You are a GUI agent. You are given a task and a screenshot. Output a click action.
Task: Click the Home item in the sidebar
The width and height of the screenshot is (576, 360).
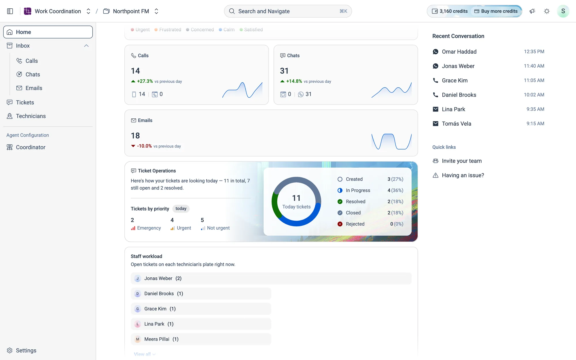48,32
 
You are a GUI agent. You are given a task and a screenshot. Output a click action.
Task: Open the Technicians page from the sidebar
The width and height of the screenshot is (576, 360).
31,116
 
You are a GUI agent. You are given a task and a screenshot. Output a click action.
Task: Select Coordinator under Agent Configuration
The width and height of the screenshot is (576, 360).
31,147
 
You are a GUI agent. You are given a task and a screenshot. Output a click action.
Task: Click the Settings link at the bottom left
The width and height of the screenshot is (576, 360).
26,350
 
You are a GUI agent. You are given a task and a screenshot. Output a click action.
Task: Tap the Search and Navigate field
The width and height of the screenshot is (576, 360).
288,11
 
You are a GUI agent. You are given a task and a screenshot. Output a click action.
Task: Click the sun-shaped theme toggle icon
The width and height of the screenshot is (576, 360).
547,11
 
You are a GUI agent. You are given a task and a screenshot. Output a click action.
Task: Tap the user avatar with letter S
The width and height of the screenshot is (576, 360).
563,11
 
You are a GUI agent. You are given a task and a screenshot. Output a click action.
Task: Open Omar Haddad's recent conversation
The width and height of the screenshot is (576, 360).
488,52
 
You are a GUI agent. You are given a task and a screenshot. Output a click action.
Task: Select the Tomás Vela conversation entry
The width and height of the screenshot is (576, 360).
488,124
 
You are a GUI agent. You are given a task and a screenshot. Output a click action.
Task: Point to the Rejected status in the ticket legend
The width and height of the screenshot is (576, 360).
355,224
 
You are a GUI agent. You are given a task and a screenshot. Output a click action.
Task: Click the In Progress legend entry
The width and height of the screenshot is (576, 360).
358,190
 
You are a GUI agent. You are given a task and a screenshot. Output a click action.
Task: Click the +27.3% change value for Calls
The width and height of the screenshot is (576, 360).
145,81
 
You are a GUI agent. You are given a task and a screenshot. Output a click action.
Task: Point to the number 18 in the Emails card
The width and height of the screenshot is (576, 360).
135,136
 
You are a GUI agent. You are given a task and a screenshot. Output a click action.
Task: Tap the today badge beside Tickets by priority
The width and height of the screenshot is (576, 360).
181,209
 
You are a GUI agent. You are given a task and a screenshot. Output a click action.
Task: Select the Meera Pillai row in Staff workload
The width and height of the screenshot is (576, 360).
201,339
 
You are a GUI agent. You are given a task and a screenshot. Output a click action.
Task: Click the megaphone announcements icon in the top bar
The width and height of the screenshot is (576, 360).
532,11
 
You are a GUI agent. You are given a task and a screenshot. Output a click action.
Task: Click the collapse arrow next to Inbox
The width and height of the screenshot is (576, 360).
86,46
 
